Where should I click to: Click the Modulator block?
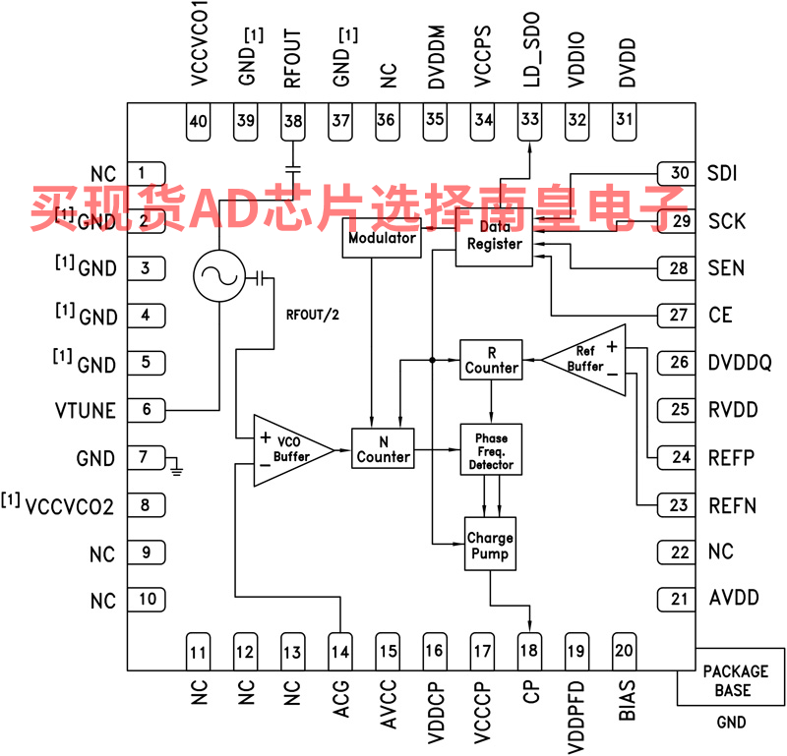coord(382,239)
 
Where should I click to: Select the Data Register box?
coord(494,236)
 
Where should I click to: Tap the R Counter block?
coord(491,359)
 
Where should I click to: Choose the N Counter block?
coord(383,448)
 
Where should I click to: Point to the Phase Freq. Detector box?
coord(491,449)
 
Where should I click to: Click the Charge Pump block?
coord(490,546)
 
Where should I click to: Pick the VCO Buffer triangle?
coord(285,449)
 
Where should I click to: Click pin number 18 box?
coord(530,650)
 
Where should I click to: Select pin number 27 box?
coord(679,316)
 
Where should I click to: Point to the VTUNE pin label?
coord(87,411)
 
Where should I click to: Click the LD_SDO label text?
coord(530,60)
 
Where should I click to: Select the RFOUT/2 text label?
coord(312,316)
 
